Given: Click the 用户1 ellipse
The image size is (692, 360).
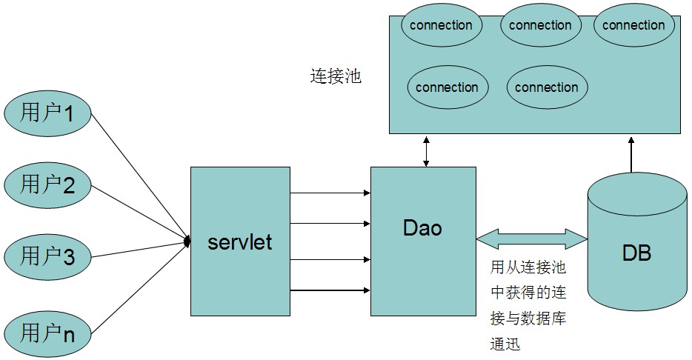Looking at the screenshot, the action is pyautogui.click(x=47, y=113).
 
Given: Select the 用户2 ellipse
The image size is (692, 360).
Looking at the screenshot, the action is pyautogui.click(x=47, y=185).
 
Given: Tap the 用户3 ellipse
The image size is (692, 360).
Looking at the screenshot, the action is pyautogui.click(x=47, y=257).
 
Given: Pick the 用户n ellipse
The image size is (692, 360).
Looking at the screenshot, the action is pyautogui.click(x=47, y=334).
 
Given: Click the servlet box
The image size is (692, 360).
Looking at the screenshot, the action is pyautogui.click(x=240, y=241).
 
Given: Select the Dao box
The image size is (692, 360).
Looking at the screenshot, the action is pyautogui.click(x=423, y=241).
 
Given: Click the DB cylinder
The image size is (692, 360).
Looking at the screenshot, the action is pyautogui.click(x=637, y=241).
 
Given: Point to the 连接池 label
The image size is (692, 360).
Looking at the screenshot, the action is pyautogui.click(x=336, y=76).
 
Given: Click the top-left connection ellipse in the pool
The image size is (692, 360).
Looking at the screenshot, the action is pyautogui.click(x=442, y=25).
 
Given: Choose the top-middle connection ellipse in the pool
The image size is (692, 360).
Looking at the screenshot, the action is pyautogui.click(x=541, y=25).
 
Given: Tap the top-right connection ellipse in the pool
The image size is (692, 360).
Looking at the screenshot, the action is pyautogui.click(x=633, y=25).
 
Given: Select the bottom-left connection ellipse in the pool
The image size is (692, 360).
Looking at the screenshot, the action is pyautogui.click(x=448, y=87).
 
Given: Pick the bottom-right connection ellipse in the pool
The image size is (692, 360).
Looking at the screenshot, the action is pyautogui.click(x=547, y=87).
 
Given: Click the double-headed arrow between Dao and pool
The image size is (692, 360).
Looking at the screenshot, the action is pyautogui.click(x=426, y=151).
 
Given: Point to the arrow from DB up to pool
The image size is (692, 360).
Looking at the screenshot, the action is pyautogui.click(x=631, y=154).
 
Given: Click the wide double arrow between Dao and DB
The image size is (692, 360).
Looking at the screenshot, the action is pyautogui.click(x=532, y=239).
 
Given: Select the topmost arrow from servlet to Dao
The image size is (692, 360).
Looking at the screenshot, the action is pyautogui.click(x=330, y=193).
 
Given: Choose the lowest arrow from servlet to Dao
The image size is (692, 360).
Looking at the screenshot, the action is pyautogui.click(x=330, y=290).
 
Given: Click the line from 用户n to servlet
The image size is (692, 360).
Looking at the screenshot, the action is pyautogui.click(x=140, y=287).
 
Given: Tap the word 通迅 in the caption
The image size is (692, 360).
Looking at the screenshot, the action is pyautogui.click(x=505, y=344).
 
